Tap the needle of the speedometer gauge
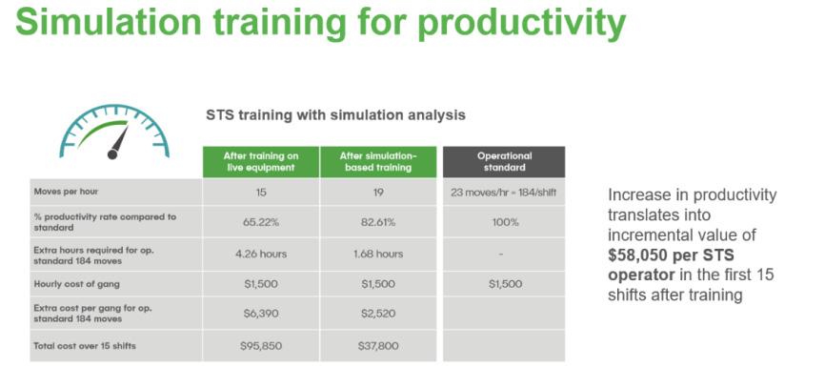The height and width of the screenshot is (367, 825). pyautogui.click(x=119, y=140)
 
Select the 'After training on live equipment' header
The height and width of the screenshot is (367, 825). pyautogui.click(x=261, y=162)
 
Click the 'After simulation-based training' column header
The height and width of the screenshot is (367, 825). pyautogui.click(x=378, y=162)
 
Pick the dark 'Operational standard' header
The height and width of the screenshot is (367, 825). pyautogui.click(x=504, y=162)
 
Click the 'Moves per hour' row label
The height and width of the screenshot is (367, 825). pyautogui.click(x=66, y=192)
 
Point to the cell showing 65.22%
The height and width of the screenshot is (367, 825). pyautogui.click(x=261, y=222)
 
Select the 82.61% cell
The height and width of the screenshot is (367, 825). pyautogui.click(x=378, y=222)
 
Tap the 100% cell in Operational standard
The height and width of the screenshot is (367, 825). pyautogui.click(x=504, y=222)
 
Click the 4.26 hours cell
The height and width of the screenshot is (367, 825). pyautogui.click(x=261, y=254)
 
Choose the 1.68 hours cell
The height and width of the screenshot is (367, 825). pyautogui.click(x=378, y=254)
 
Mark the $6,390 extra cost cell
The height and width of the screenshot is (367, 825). pyautogui.click(x=261, y=314)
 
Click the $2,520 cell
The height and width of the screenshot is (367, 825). pyautogui.click(x=378, y=314)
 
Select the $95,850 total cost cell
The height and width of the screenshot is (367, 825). pyautogui.click(x=261, y=346)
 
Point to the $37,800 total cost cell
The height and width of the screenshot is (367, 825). pyautogui.click(x=378, y=346)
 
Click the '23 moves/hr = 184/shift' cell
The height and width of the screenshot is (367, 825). pyautogui.click(x=504, y=193)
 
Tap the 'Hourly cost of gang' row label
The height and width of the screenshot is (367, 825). pyautogui.click(x=77, y=284)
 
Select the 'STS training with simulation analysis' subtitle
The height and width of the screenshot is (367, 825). pyautogui.click(x=335, y=114)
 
